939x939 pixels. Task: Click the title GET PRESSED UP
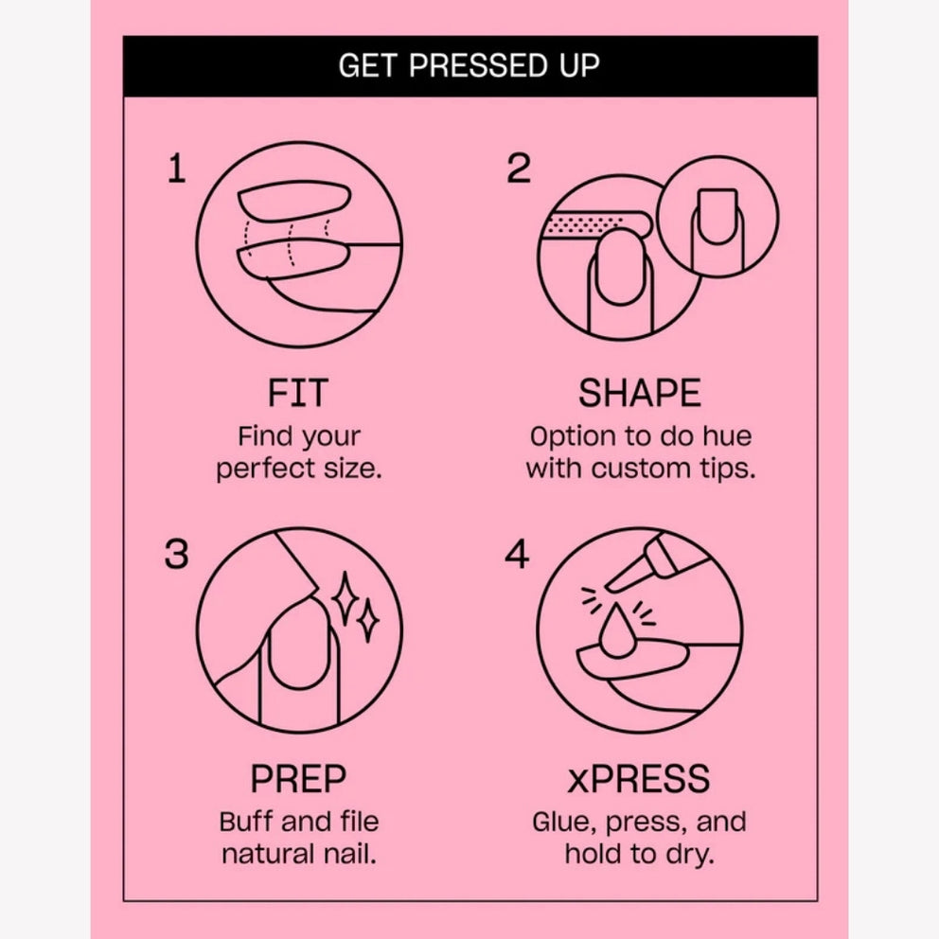469,65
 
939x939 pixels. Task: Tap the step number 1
177,168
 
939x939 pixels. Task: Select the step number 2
519,168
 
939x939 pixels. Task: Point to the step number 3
177,554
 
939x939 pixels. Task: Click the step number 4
517,554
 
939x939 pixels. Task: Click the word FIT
297,393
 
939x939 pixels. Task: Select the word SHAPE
640,393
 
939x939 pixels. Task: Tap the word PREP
298,778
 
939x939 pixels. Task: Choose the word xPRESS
639,778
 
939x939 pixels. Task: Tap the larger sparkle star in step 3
345,599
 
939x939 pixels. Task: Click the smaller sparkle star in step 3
367,620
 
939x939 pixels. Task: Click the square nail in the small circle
718,217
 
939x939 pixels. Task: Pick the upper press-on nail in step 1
294,202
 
